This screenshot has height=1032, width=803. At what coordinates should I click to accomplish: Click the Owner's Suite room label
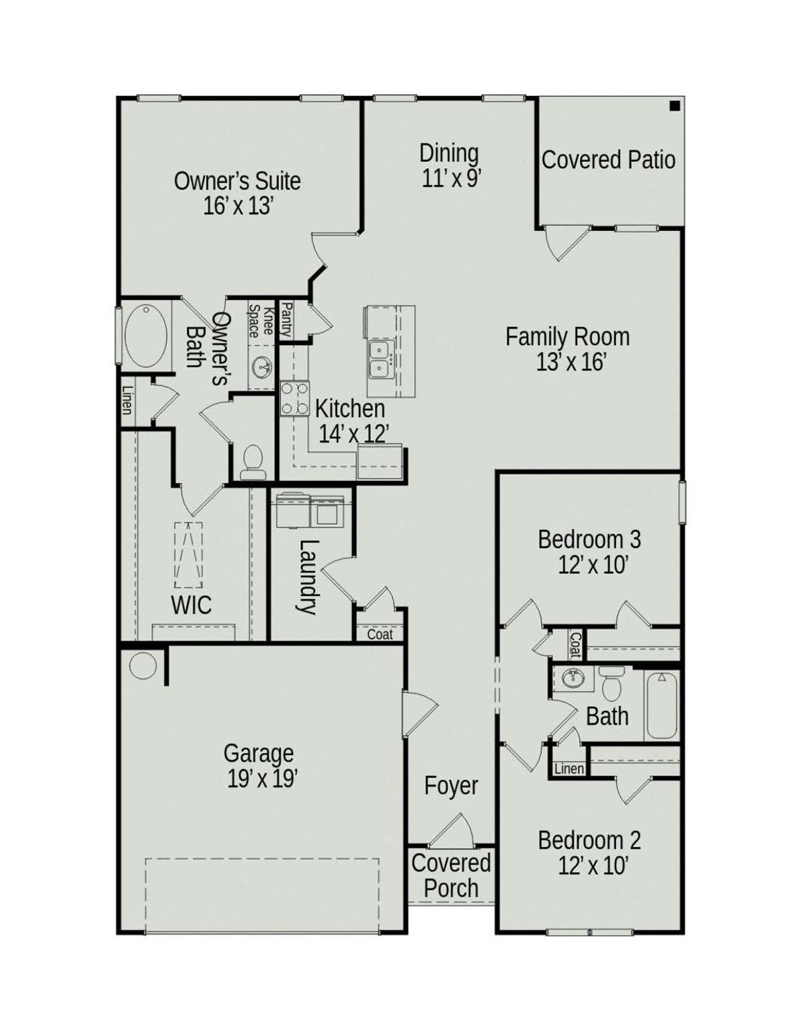[237, 181]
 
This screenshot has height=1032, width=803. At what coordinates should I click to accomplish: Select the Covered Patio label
[608, 160]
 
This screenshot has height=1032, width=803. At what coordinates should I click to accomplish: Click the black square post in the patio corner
[675, 105]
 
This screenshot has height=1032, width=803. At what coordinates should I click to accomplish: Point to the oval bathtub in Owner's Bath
[146, 336]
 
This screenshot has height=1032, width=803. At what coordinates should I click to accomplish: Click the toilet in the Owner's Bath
[253, 462]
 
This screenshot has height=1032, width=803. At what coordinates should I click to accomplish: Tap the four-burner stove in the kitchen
[294, 398]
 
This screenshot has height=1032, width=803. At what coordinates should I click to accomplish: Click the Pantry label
[286, 319]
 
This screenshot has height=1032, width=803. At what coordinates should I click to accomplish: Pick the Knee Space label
[261, 321]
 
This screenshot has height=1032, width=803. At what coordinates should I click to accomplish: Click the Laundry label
[307, 576]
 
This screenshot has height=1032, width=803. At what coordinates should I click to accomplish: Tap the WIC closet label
[191, 605]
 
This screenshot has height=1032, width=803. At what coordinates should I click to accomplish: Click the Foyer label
[451, 785]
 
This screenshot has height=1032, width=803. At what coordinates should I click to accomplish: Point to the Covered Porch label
[451, 875]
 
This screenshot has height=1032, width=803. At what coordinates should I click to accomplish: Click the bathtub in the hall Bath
[661, 705]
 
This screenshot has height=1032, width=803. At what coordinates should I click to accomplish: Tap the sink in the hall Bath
[573, 679]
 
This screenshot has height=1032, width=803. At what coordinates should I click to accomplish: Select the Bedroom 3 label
[589, 540]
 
